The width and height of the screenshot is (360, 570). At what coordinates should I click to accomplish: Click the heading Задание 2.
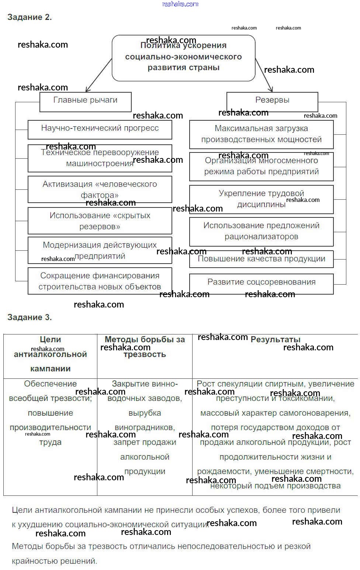30,17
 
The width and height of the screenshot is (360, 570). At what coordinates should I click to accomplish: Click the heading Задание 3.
30,317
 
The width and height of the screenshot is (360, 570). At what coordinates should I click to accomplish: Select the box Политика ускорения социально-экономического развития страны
183,58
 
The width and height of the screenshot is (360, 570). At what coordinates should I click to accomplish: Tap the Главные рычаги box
85,102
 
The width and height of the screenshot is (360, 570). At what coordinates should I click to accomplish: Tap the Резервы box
272,102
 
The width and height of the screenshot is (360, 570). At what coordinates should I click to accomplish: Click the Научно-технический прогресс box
100,129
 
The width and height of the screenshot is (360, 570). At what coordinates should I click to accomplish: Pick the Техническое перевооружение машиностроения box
100,158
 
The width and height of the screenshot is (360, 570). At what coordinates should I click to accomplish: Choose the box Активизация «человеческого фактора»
100,189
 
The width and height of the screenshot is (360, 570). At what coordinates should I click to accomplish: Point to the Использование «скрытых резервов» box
100,220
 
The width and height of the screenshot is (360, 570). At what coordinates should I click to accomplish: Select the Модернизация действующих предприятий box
100,250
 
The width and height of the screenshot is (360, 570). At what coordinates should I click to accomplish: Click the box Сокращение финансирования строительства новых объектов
100,281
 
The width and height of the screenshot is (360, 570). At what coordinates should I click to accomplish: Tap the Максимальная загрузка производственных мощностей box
261,134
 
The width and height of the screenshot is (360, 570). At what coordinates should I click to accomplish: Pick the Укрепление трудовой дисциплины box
261,199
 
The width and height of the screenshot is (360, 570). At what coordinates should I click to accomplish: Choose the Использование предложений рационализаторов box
261,231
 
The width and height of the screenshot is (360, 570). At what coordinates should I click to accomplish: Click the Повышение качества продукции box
261,259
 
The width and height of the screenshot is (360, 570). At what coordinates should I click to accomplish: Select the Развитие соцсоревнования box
261,283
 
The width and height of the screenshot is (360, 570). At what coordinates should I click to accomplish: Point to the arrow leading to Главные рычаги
98,75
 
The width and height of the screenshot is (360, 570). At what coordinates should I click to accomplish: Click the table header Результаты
276,340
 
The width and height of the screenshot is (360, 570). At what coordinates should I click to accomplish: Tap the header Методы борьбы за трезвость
145,347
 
